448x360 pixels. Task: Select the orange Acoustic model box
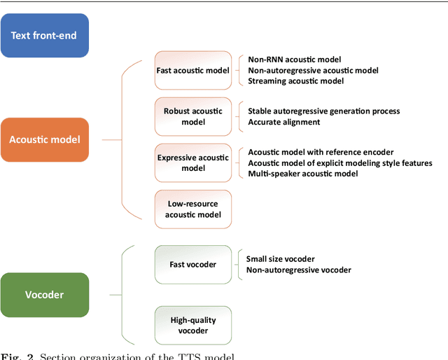[45, 139]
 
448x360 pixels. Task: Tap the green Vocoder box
[45, 295]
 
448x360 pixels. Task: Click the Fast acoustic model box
[192, 69]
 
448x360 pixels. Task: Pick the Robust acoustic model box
[192, 116]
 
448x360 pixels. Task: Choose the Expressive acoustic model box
[192, 162]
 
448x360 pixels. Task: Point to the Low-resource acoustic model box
[192, 209]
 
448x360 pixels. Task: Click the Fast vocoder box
[192, 264]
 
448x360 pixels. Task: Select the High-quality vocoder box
[192, 325]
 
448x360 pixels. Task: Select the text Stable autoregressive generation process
[324, 111]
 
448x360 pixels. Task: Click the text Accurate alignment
[283, 122]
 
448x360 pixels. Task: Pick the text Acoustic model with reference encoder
[321, 152]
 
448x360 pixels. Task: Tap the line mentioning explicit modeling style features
[340, 162]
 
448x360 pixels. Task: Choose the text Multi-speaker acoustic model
[303, 173]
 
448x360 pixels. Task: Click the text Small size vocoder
[280, 258]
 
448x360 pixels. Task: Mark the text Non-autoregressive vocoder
[299, 270]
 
